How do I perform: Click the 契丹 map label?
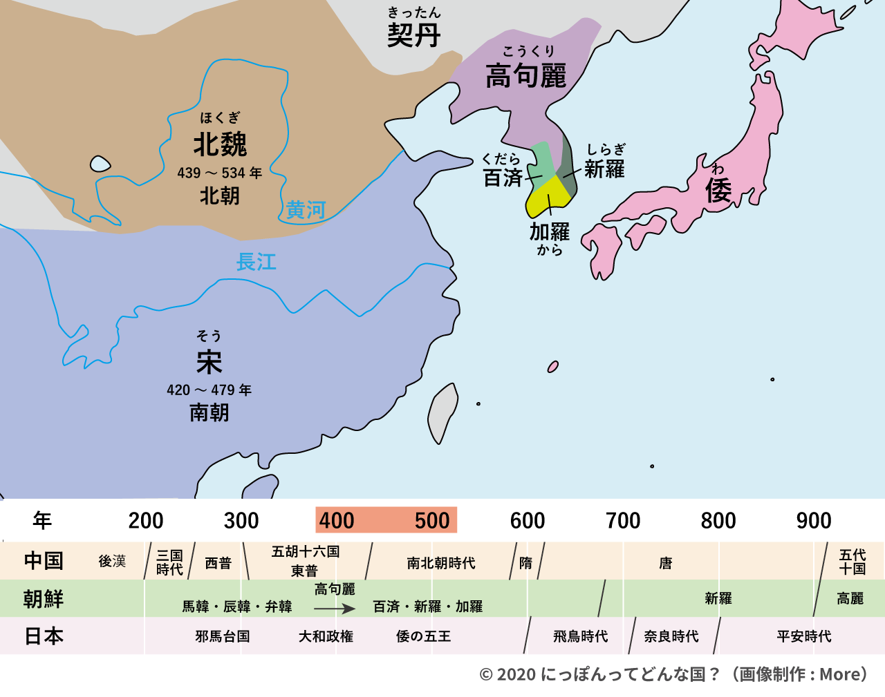coord(413,35)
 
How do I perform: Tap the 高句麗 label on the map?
coord(525,75)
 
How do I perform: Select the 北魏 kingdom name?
coord(220,144)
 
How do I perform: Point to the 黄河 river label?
coord(306,209)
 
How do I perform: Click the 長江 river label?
coord(256,262)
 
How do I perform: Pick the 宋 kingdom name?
coord(209,361)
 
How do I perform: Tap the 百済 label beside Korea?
coord(503,178)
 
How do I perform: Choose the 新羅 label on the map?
coord(604,169)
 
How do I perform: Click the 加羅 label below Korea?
coord(550,231)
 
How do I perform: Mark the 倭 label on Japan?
coord(718,190)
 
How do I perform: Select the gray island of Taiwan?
coord(442,412)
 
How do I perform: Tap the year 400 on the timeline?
coord(337,521)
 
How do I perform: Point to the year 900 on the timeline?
coord(814,521)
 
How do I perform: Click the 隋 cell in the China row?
coord(526,563)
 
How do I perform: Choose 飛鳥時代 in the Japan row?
coord(580,636)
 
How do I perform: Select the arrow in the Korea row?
coord(335,609)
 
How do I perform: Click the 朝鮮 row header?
coord(44,598)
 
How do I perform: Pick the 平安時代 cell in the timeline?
coord(804,636)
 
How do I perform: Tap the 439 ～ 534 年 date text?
coord(220,173)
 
